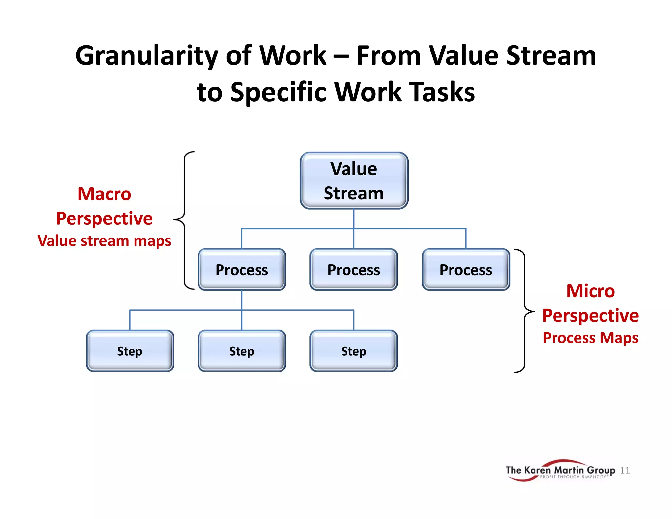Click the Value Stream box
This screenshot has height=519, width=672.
click(x=354, y=180)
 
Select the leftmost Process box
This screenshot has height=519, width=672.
click(x=242, y=270)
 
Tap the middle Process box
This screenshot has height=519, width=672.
click(x=354, y=270)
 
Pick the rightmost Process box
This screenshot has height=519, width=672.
click(x=466, y=270)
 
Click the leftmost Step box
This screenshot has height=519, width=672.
click(x=130, y=351)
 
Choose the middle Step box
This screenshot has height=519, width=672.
click(x=242, y=351)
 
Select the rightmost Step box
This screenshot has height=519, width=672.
click(x=354, y=351)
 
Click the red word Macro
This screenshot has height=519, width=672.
click(x=104, y=194)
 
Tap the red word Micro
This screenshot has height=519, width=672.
click(x=590, y=291)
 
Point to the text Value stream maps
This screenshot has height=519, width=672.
click(x=104, y=241)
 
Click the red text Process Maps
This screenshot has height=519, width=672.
click(x=590, y=338)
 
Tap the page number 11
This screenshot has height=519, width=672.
click(x=625, y=470)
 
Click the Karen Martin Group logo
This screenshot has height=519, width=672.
click(x=560, y=470)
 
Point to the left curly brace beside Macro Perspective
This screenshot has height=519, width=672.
click(x=184, y=220)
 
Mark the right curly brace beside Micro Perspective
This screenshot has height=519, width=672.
click(x=525, y=310)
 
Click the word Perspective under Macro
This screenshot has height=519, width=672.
click(x=104, y=218)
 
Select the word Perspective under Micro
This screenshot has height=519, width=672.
click(x=590, y=316)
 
